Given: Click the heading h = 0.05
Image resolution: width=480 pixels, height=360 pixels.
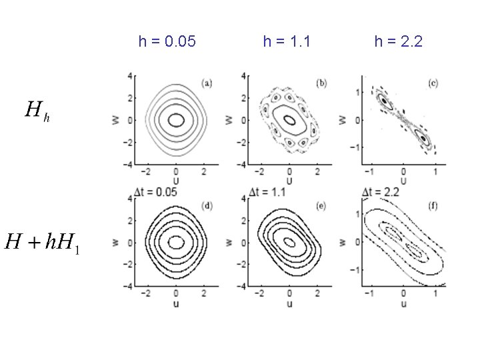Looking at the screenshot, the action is coord(167,41).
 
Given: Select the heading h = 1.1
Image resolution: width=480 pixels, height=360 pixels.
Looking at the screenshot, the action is coord(287,41).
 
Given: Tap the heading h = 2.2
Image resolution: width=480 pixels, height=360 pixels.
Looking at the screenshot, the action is coord(399,41).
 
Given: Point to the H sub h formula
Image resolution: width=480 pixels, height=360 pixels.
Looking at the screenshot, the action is coord(37,111).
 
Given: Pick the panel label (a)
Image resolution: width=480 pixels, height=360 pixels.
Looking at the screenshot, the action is coord(207,83).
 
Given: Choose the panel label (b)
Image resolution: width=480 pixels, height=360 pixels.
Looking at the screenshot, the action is coord(321,83).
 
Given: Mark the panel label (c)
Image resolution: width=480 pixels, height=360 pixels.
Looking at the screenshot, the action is coord(433,83).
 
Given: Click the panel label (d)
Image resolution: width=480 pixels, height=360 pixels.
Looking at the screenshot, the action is coord(207,206).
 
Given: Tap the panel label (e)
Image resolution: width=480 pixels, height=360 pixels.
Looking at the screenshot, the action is coord(321,206).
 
